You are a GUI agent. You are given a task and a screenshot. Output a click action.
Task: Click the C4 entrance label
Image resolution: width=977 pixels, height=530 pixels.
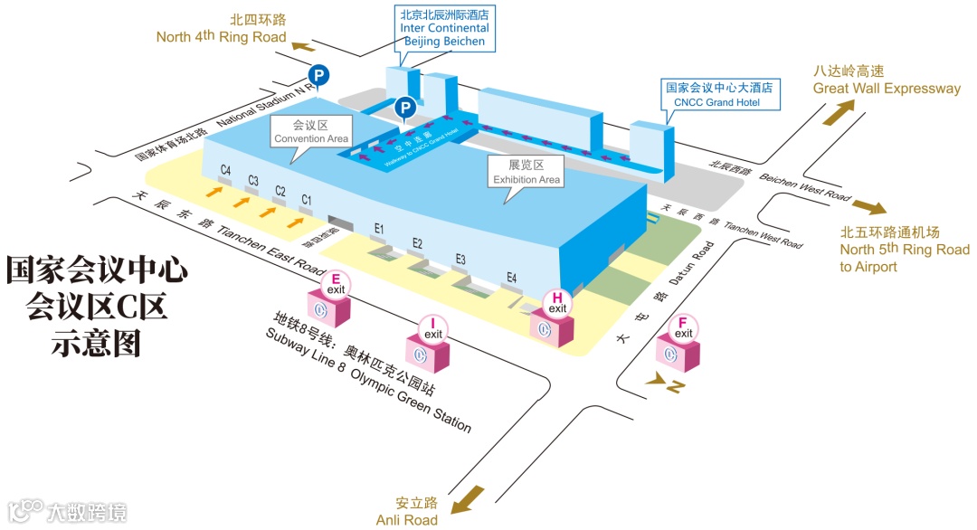pyautogui.click(x=226, y=170)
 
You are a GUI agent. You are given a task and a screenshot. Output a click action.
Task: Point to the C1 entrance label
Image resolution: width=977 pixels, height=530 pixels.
pyautogui.click(x=307, y=199)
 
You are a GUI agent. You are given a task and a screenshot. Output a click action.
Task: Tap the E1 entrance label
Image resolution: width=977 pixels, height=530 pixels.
pyautogui.click(x=380, y=227)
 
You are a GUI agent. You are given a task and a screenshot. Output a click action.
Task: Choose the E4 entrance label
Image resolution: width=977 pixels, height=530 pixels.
pyautogui.click(x=512, y=278)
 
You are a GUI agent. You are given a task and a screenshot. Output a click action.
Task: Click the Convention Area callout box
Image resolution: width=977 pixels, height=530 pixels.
pyautogui.click(x=311, y=132)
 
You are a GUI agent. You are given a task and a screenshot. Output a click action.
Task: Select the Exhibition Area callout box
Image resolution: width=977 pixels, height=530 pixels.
pyautogui.click(x=526, y=172)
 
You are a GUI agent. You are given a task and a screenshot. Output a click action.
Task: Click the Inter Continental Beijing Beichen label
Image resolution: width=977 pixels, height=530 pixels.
pyautogui.click(x=444, y=28)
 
